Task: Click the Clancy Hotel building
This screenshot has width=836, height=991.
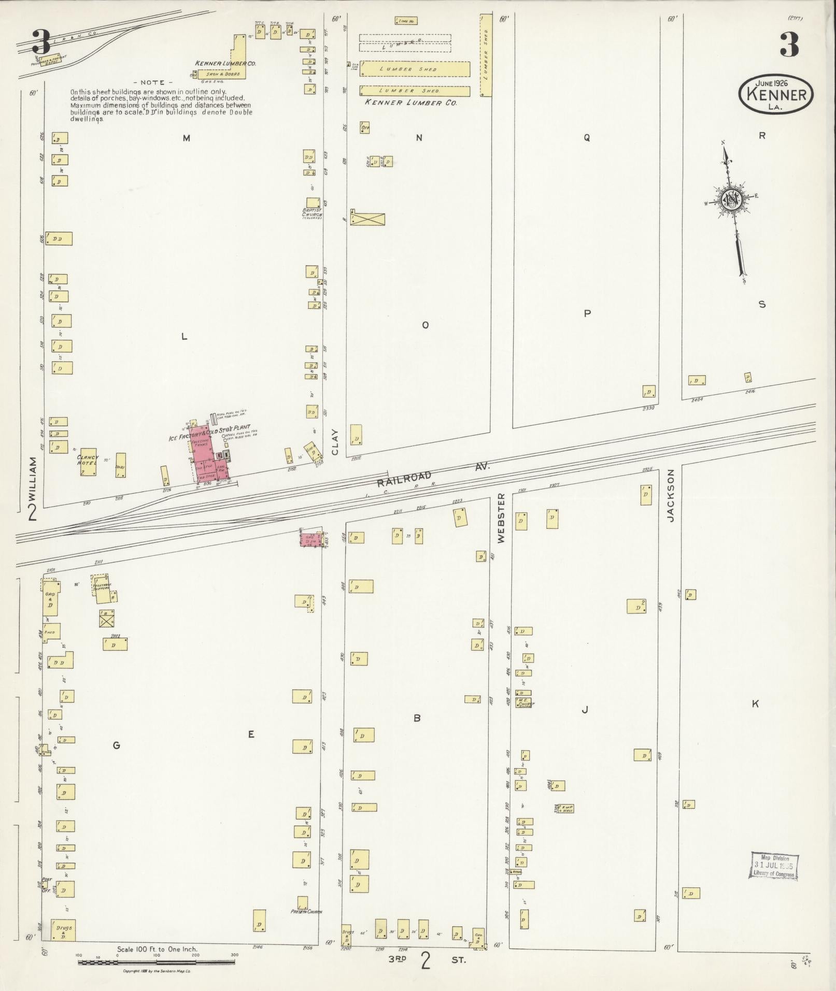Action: pos(88,462)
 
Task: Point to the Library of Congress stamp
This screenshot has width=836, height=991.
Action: pos(773,865)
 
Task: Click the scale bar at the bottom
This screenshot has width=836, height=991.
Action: pos(157,962)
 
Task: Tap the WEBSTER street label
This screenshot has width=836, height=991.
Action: pos(501,518)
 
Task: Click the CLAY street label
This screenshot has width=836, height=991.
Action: pos(335,442)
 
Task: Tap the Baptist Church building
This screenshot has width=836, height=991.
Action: pos(313,203)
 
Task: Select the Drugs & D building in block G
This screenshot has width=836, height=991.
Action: pos(62,930)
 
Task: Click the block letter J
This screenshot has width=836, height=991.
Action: pos(585,710)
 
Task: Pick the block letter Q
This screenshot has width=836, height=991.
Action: pos(587,138)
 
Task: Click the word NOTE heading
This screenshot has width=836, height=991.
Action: pos(152,82)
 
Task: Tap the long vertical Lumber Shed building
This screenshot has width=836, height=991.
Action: pos(486,56)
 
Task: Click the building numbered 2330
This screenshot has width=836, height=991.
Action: pos(649,392)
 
